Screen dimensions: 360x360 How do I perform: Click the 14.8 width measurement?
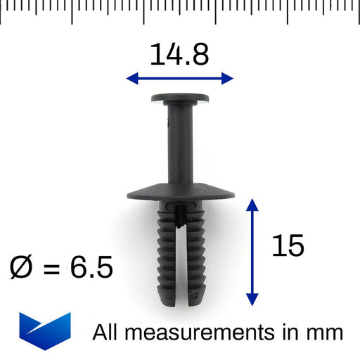pos(179,54)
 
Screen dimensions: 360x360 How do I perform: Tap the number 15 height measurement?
pos(287,246)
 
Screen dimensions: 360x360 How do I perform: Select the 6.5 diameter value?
pos(91,268)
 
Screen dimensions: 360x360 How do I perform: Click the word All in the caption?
pos(106,332)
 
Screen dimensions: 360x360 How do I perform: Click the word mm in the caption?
pos(325,333)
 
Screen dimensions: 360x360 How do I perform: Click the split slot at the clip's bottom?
pos(181,281)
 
